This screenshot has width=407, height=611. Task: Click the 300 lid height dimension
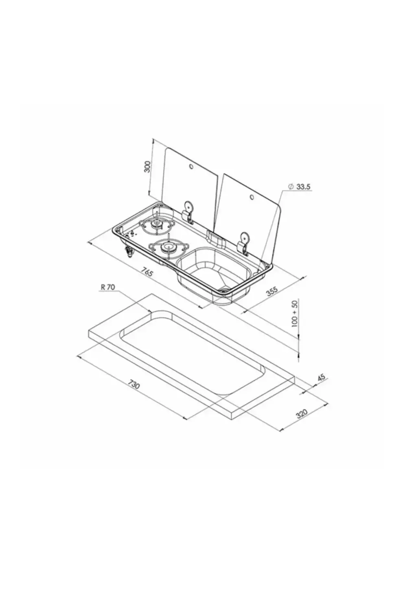point(147,166)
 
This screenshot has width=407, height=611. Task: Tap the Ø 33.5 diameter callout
point(299,187)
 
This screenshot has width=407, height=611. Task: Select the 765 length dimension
point(147,272)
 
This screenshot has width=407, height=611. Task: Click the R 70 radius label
point(108,287)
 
